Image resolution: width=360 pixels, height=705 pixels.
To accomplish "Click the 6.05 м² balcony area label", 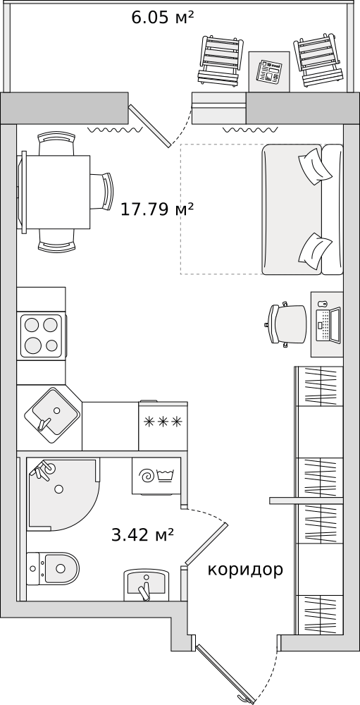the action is coord(162,18).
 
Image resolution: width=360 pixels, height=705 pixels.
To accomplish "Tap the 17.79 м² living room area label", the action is coord(157,209).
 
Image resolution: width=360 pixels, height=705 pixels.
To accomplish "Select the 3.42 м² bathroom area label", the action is coord(142,535).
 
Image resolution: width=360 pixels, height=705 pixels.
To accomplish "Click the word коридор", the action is coord(245,570).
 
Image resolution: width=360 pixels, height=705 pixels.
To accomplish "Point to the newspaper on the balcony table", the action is coord(269,72).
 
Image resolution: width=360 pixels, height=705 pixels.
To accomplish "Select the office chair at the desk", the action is coord(286,324).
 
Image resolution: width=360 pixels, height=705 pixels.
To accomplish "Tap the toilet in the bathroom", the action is coord(53,568).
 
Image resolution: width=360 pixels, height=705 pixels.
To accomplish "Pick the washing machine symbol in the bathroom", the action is coord(156,476).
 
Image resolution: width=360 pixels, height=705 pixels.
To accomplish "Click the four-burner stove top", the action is coord(42,336).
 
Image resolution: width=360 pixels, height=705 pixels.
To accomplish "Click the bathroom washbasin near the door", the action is coord(146,584).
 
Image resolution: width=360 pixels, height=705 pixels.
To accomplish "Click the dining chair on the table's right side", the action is coord(101,192).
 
